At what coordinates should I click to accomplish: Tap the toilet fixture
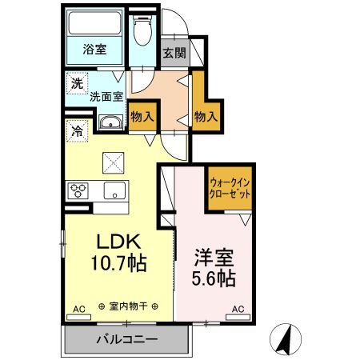(x=142, y=33)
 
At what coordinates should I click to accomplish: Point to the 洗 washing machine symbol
(x=76, y=82)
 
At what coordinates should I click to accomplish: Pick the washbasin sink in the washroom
(x=110, y=122)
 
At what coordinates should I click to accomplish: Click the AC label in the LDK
(x=78, y=308)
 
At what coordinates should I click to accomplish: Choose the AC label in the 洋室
(x=238, y=308)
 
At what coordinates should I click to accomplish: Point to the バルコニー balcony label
(x=127, y=339)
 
